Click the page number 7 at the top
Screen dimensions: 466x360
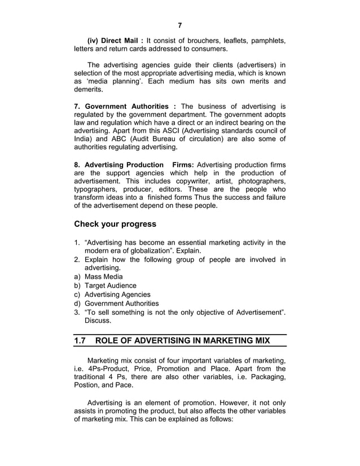pyautogui.click(x=179, y=25)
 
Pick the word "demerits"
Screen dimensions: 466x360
pyautogui.click(x=89, y=90)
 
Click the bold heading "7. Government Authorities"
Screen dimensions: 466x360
pyautogui.click(x=120, y=107)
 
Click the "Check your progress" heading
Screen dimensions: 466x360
pyautogui.click(x=115, y=224)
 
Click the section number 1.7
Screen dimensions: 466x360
pyautogui.click(x=81, y=341)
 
